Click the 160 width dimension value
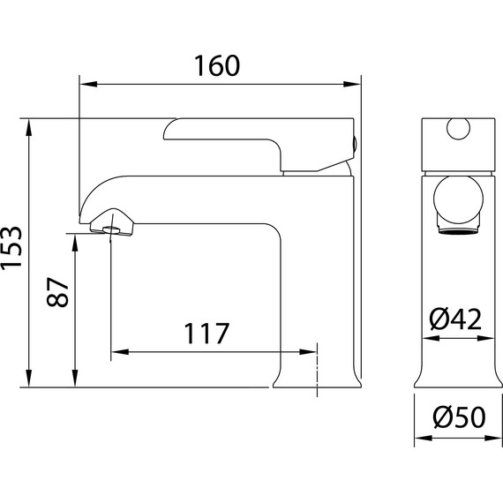(x=217, y=66)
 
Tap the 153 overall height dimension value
(x=11, y=248)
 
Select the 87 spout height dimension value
(x=57, y=292)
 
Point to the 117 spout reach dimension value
(x=206, y=334)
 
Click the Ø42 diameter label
(x=456, y=319)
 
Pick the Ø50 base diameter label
(x=459, y=417)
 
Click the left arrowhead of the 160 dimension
(x=88, y=85)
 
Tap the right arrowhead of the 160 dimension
(x=352, y=85)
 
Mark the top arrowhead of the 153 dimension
(x=29, y=128)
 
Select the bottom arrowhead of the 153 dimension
(x=29, y=379)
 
